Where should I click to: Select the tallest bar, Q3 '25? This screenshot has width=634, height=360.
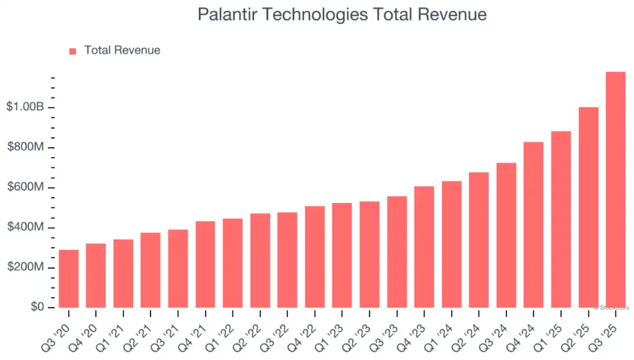pos(616,190)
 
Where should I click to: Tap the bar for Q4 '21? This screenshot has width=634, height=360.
pos(206,264)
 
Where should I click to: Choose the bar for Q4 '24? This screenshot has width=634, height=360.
pos(534,225)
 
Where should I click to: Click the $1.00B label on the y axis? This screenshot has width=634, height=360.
pos(25,107)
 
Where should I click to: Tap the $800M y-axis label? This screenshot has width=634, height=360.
pos(26,147)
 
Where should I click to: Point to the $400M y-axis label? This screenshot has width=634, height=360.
pos(26,228)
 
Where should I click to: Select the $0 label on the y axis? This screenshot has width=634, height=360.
pos(36,308)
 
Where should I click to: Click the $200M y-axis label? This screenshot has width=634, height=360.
pos(26,268)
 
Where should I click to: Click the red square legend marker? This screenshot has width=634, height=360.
pos(73,51)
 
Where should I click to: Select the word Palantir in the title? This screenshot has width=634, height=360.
pos(229,14)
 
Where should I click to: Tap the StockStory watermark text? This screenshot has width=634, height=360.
pos(613,307)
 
